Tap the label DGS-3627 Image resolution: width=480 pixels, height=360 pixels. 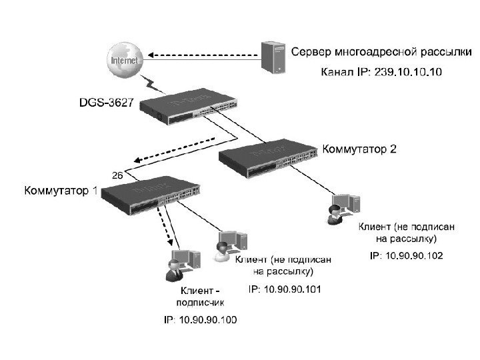[x=105, y=103]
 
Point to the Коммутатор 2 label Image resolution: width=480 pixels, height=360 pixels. [x=359, y=149]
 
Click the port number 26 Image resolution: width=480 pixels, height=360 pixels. [x=116, y=176]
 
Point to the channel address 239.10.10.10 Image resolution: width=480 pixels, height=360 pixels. [x=407, y=71]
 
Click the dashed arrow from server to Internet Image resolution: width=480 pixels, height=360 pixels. [x=200, y=51]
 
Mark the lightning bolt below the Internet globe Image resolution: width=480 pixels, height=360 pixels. [x=153, y=84]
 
